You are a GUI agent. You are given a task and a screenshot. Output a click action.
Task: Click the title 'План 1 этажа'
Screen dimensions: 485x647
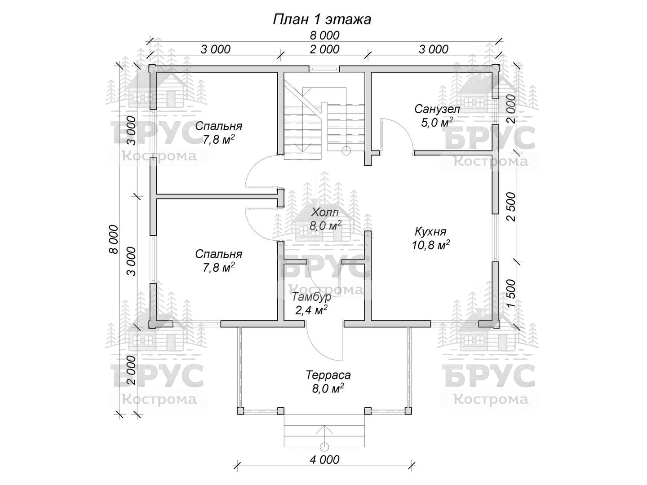click(322, 20)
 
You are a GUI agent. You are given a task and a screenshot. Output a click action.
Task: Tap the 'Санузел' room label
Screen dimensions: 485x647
click(437, 109)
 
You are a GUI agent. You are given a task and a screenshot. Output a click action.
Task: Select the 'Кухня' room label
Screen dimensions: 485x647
click(430, 232)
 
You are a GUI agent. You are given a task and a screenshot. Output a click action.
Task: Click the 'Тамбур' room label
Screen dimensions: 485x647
click(311, 297)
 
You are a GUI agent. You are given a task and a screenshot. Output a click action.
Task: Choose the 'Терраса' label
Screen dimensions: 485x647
click(328, 375)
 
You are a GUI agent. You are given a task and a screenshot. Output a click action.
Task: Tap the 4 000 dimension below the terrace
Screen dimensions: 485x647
click(324, 460)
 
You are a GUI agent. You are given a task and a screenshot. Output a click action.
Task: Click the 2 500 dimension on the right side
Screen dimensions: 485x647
click(511, 207)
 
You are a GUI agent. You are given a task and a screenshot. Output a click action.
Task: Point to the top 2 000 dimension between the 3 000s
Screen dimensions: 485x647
click(324, 49)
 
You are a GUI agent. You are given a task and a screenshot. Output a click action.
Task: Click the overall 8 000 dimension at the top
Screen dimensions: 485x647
click(324, 35)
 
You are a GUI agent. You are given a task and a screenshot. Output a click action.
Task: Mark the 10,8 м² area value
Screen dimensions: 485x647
click(430, 245)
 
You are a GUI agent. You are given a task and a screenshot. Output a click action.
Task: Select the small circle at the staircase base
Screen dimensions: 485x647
click(346, 151)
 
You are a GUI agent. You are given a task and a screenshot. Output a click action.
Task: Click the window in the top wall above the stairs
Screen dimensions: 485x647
click(324, 69)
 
